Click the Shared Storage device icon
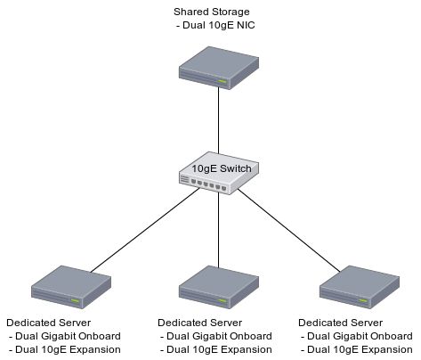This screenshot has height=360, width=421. [219, 70]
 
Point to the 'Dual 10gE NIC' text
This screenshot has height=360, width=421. [218, 27]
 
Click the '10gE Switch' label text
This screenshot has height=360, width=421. [219, 168]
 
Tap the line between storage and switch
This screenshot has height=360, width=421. [219, 120]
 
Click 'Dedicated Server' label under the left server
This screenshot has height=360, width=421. [49, 322]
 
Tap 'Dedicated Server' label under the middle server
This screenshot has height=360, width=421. [200, 322]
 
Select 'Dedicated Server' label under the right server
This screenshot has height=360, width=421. [341, 322]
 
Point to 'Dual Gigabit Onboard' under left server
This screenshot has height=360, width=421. [65, 336]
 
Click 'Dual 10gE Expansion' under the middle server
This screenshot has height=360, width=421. [216, 350]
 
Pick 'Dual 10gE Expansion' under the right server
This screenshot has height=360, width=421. [357, 350]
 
